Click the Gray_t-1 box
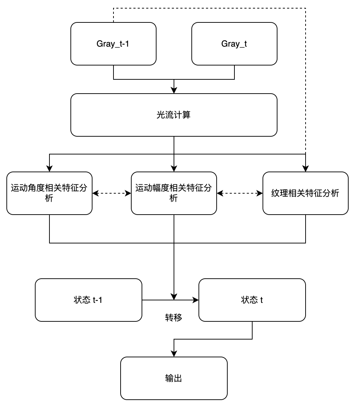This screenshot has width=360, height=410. pos(113,44)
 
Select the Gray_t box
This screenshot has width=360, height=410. pos(234,44)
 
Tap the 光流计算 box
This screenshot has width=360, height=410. pos(174,115)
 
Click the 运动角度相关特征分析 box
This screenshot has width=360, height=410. pos(49,193)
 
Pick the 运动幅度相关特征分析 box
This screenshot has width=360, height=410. pos(174,193)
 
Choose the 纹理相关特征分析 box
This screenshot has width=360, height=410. pos(305,193)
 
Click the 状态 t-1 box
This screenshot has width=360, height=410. pos(88,300)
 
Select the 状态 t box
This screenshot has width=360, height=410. pos(252,300)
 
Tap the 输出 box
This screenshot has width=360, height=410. pos(174,378)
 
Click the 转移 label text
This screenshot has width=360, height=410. pos(174,318)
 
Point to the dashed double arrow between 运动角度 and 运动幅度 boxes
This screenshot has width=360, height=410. pos(111,193)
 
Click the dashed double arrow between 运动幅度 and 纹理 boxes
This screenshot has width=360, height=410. pos(239,193)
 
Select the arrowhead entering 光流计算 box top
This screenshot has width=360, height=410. pos(174,91)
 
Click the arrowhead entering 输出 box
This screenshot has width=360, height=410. pos(174,354)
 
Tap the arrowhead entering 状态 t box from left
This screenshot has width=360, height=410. pos(196,300)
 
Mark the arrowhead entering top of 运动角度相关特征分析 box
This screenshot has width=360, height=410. pos(49,169)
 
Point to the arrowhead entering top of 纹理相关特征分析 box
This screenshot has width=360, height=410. pos(306,169)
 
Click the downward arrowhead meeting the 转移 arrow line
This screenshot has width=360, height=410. pos(174,296)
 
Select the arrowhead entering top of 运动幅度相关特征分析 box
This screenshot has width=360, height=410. pos(174,169)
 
